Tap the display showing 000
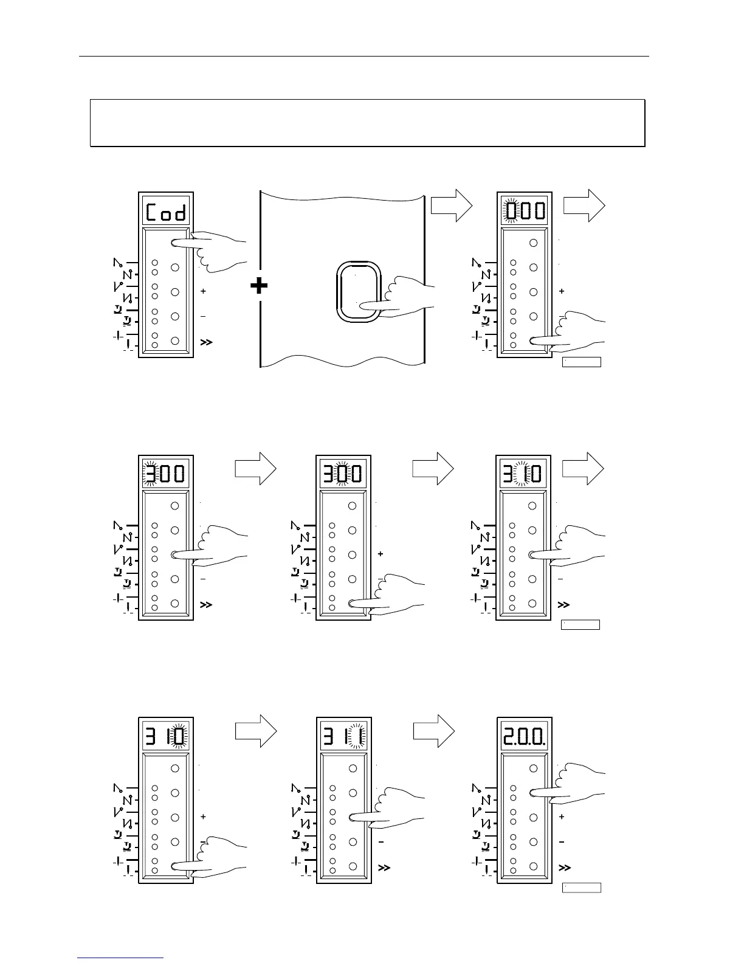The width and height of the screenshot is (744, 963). pos(524,212)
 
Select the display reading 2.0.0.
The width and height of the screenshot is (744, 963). pos(524,737)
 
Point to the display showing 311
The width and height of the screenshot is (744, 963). pos(344,737)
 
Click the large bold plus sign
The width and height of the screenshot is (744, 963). pos(260,285)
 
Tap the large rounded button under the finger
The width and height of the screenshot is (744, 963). pos(358,292)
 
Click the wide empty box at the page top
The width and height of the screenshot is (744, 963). pos(367,123)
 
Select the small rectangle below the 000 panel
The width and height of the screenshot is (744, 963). pos(581,362)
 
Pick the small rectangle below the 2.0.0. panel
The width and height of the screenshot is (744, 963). pos(581,888)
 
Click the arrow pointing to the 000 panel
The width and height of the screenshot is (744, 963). pos(451,206)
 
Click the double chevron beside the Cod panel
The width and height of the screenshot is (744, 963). pos(206,343)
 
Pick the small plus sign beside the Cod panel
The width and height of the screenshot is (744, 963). pos(203,291)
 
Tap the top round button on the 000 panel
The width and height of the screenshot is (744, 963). pos(534,243)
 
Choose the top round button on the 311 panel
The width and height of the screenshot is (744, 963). pos(353,768)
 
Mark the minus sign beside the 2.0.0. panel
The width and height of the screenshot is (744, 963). pos(561,842)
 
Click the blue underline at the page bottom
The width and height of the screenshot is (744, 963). pos(121,958)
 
